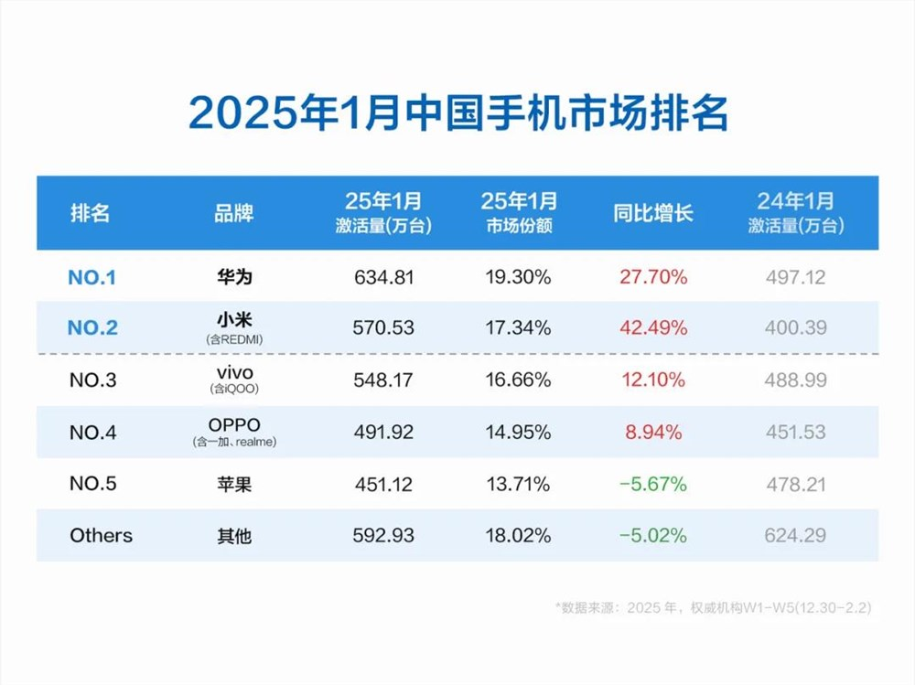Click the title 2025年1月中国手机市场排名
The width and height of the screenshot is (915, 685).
[457, 114]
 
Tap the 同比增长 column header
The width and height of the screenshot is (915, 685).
[653, 213]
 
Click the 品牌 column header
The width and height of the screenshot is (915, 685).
[233, 213]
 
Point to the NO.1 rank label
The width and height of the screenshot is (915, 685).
[92, 277]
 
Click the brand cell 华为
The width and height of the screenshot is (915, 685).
[233, 277]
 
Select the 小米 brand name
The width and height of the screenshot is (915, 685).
[233, 320]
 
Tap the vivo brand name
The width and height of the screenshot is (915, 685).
[233, 372]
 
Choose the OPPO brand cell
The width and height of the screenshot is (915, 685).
[233, 425]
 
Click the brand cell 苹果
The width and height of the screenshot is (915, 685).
[233, 484]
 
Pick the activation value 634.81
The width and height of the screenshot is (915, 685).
[384, 277]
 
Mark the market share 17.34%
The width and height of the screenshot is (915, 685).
[518, 326]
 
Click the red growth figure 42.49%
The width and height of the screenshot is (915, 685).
[653, 326]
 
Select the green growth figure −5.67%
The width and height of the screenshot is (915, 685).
[653, 484]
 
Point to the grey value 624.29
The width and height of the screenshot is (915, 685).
[795, 536]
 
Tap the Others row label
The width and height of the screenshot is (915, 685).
[101, 536]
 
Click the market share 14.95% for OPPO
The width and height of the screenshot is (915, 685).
[518, 432]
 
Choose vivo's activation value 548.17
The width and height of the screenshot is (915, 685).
[384, 380]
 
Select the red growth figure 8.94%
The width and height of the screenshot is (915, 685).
[653, 432]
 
